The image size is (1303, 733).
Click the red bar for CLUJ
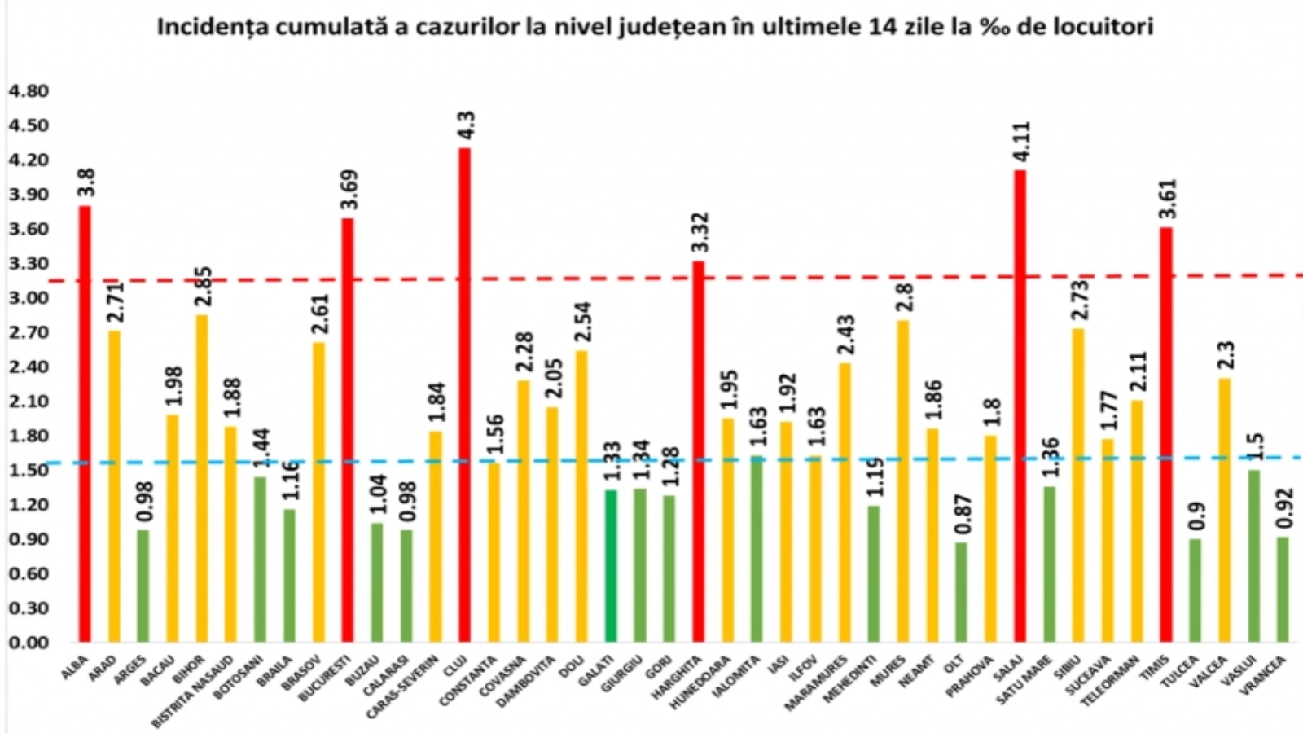[x=464, y=395]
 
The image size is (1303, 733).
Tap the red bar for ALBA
[x=85, y=424]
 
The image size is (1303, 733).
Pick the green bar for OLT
[x=962, y=592]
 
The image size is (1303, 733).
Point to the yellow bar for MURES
[x=903, y=481]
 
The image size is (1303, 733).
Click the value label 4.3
[x=467, y=126]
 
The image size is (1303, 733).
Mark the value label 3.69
[x=349, y=190]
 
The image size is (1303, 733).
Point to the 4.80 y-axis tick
[x=27, y=91]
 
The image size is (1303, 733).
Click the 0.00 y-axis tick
[x=27, y=643]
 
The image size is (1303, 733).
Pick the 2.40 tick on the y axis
[x=27, y=366]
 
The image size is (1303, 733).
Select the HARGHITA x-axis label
[x=678, y=678]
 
